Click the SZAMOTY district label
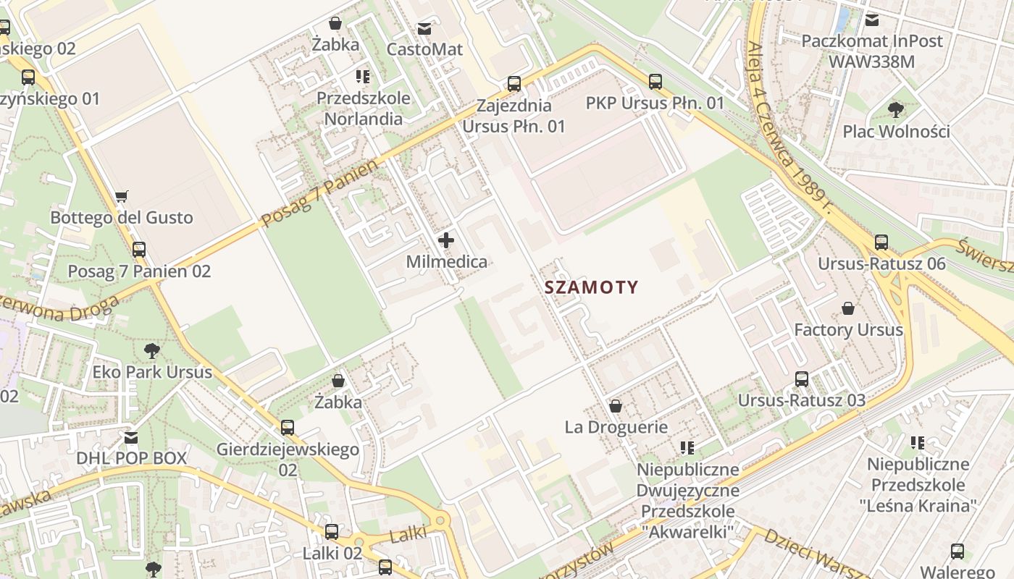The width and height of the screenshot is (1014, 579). [591, 287]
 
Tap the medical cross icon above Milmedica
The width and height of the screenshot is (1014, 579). [446, 240]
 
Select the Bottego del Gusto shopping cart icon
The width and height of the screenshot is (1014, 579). [122, 196]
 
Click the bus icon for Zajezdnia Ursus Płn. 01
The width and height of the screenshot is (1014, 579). [514, 84]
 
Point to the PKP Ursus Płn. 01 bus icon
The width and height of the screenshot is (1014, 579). [655, 82]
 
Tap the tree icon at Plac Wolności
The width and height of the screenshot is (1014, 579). [896, 110]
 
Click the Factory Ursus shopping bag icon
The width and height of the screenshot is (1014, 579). [848, 309]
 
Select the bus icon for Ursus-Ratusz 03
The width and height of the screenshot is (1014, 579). [802, 379]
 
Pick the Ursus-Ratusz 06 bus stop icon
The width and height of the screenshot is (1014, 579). [881, 242]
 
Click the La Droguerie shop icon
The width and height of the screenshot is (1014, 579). [616, 406]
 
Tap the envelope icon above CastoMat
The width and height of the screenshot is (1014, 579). [424, 29]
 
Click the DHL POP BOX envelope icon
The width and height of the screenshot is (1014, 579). [131, 437]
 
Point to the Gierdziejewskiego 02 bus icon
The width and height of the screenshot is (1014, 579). [288, 428]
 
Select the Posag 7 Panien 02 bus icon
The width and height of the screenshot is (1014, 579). [139, 250]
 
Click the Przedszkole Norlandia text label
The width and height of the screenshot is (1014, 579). [364, 109]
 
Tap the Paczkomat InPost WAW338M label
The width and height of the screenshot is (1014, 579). [872, 51]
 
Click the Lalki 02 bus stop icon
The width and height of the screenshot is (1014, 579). [332, 532]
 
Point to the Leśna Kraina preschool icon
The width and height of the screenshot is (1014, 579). [918, 442]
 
